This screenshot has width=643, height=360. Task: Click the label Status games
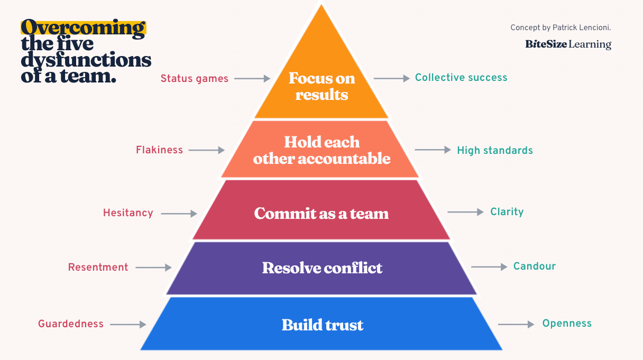(194, 79)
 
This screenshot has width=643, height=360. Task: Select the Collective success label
(461, 78)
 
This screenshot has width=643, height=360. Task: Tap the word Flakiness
(159, 150)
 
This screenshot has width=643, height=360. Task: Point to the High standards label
(494, 151)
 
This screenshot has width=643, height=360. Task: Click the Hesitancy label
(128, 213)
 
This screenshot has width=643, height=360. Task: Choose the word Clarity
(507, 212)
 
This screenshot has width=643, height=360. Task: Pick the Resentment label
(98, 267)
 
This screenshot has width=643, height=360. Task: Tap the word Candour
(534, 266)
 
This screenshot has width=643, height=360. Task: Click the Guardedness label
(71, 324)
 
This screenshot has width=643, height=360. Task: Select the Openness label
(567, 324)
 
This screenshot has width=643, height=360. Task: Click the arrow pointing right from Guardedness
(127, 325)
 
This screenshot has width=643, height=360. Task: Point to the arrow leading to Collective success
(391, 78)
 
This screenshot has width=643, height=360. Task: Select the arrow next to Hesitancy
(179, 214)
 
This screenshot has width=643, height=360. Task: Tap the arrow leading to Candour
(489, 267)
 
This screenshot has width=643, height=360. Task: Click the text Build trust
(322, 325)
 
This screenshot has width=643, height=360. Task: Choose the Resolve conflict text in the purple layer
(322, 267)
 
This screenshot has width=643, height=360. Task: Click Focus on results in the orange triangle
(321, 86)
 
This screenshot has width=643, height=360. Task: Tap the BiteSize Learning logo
(568, 44)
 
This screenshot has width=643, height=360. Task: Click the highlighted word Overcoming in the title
(83, 28)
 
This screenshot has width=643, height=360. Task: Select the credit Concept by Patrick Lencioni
(561, 27)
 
